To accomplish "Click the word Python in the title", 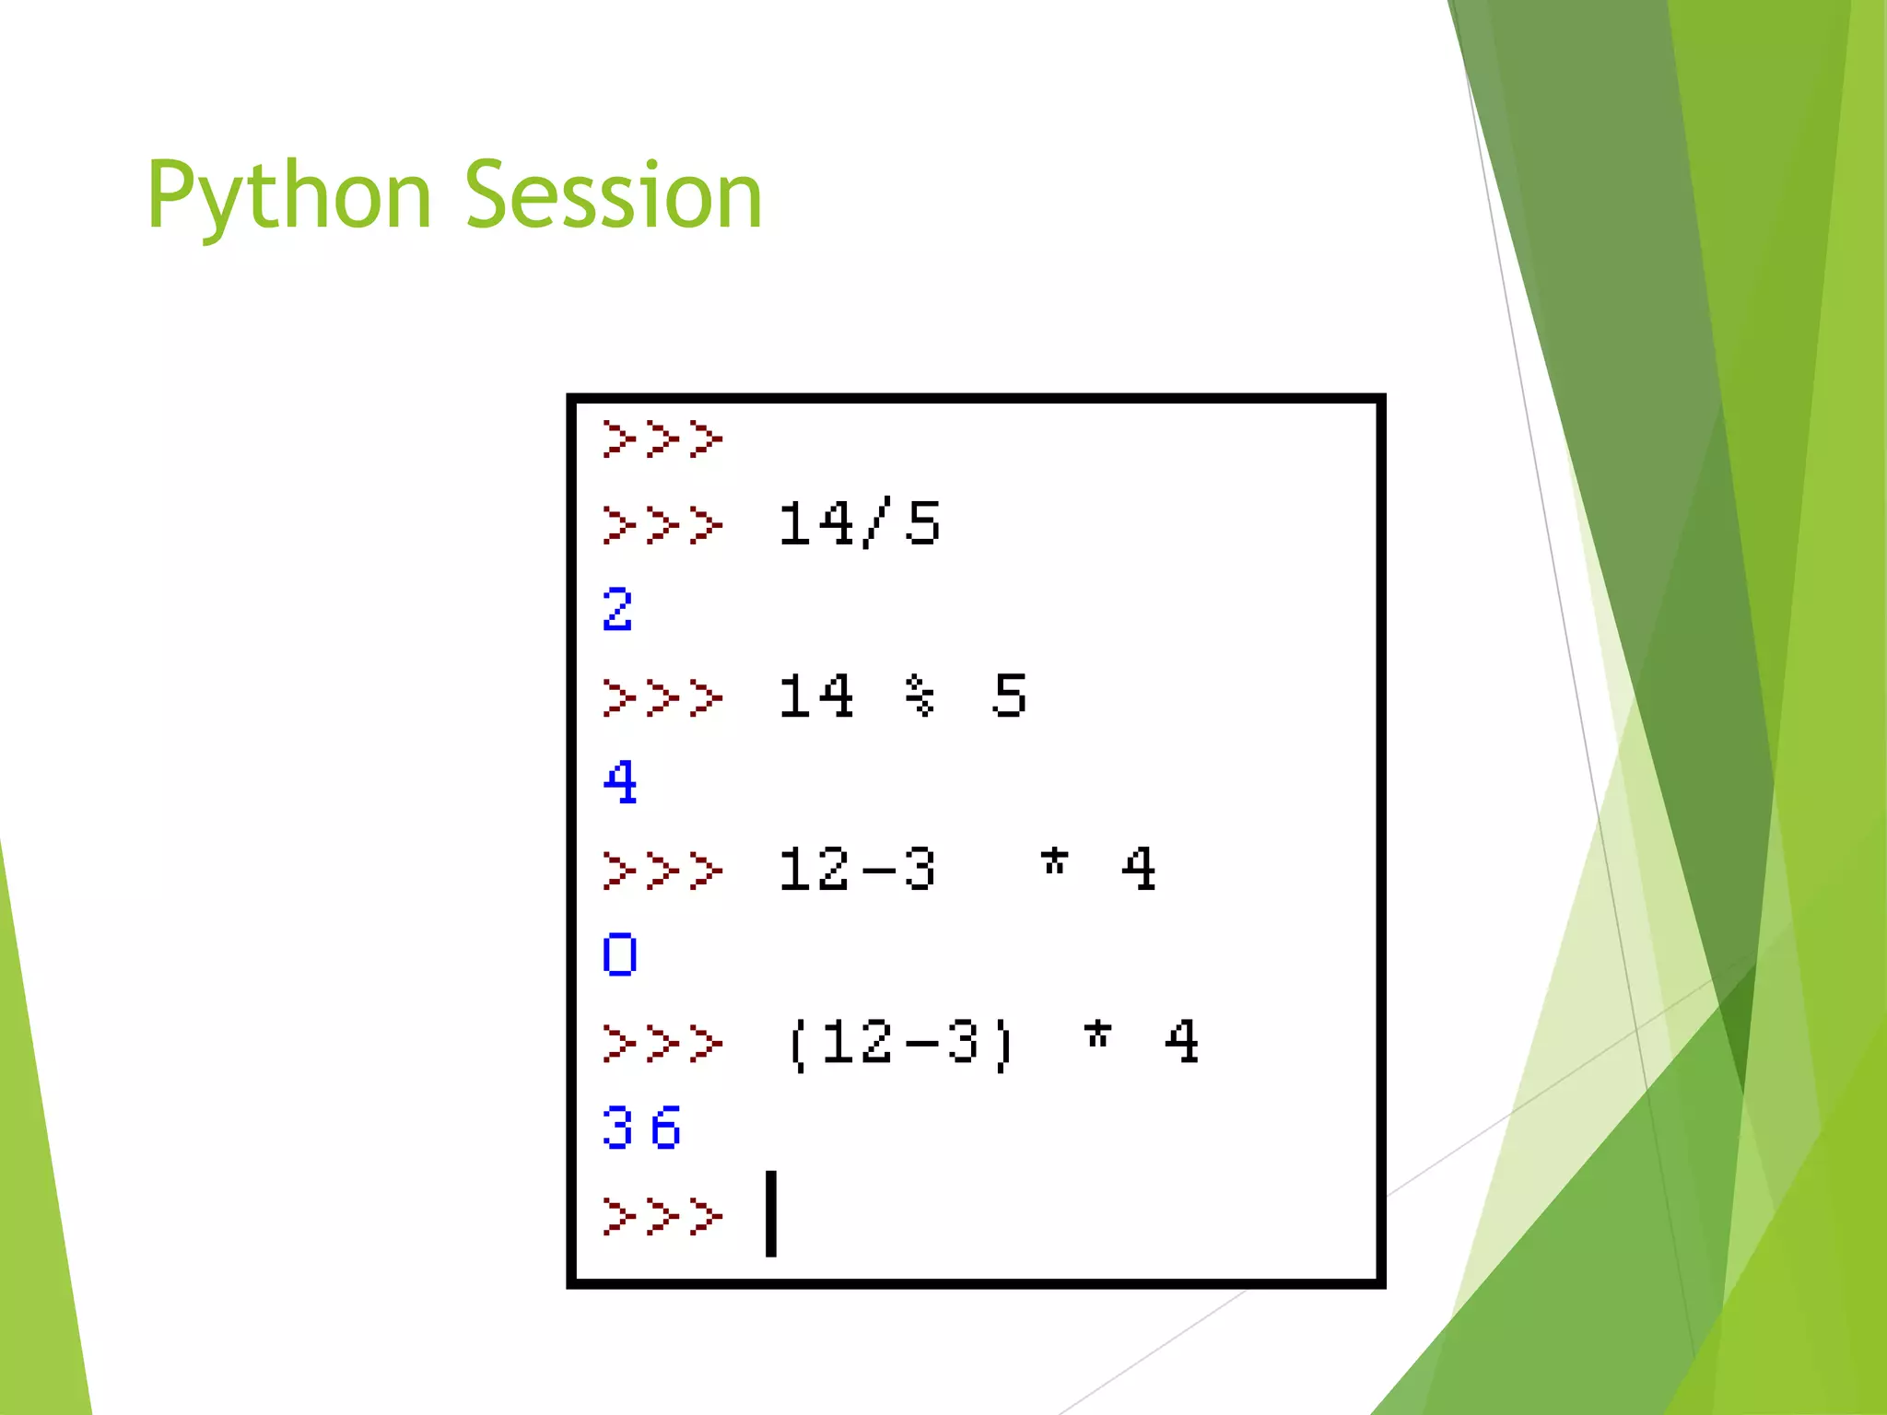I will [288, 195].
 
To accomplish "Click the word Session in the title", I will [614, 195].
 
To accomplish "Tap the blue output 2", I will [617, 610].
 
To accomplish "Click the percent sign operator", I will [919, 696].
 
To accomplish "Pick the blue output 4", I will [619, 782].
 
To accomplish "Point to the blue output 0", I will [619, 954].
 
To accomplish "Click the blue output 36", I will [640, 1128].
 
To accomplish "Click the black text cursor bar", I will [771, 1213].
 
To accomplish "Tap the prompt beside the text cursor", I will [662, 1215].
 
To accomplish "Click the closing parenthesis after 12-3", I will [1003, 1044].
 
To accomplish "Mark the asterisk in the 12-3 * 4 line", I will [1053, 863].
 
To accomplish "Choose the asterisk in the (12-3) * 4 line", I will [1096, 1035].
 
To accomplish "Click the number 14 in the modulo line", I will [815, 696].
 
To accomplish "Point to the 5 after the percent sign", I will [1009, 696].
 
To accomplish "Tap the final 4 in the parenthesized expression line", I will [1181, 1042].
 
